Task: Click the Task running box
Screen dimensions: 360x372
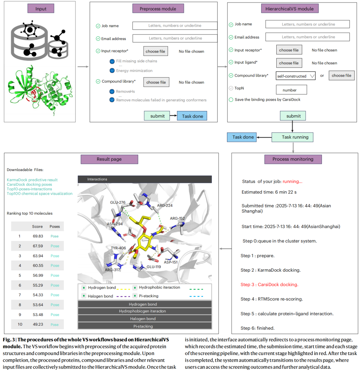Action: pos(292,137)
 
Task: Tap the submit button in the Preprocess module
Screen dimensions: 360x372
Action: pos(157,116)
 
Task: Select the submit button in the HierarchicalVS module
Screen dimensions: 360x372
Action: pos(293,116)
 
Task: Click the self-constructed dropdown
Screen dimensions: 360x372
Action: pos(295,76)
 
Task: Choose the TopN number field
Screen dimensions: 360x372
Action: pos(291,90)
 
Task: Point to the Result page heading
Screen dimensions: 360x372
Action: pos(109,159)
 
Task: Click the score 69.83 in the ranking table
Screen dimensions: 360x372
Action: pos(38,236)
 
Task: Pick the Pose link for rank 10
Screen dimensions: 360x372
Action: pos(55,324)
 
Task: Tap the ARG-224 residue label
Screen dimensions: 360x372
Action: pos(165,205)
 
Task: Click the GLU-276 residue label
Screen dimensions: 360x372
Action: pos(118,202)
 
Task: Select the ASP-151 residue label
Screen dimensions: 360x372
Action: pos(171,262)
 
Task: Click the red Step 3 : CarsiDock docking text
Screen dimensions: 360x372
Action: pos(269,284)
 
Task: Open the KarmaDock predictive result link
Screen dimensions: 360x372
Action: pos(32,180)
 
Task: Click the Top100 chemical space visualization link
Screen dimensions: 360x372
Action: pos(40,194)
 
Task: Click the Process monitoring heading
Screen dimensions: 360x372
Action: pos(293,159)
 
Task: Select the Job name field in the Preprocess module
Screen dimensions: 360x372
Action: pos(175,26)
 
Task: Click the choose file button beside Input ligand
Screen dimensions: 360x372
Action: pos(289,63)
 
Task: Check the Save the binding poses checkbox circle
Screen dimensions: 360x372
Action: pos(231,100)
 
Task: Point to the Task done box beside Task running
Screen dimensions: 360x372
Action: pos(242,137)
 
